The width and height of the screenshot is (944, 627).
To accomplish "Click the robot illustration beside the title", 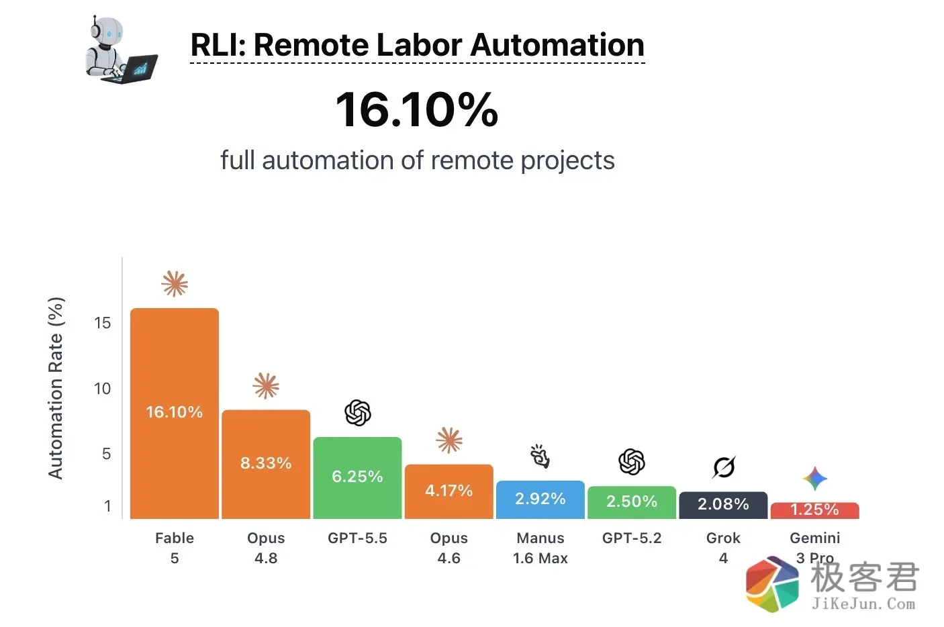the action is coord(122,49).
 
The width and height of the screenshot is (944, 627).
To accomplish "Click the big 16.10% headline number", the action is coord(417,110).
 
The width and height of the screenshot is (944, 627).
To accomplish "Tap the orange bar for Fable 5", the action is coord(175,414).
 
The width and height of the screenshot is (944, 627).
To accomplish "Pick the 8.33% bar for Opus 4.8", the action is coord(266,464).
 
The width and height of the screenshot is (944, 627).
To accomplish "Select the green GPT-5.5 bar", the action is coord(357,478).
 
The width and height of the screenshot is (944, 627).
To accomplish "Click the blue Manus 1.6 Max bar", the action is coord(540,499).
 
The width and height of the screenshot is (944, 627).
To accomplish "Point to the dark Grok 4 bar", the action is coord(723,505).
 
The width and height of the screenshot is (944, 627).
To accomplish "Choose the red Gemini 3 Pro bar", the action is coord(814,511).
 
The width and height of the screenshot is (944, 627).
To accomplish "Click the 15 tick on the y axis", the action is coord(103,323).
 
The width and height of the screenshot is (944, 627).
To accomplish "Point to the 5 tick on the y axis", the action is coord(106,454).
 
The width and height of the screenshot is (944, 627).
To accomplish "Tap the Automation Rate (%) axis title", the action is coord(56,388).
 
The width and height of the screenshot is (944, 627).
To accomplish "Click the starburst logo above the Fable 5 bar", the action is coord(175,283).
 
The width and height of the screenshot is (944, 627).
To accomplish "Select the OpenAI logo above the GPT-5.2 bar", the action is coord(632,462).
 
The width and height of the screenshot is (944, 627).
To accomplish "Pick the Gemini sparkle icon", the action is coord(814,479).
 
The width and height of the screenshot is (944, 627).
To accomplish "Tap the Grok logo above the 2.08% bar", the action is coord(724,467).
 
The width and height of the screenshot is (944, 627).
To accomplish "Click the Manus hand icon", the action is coord(540,456).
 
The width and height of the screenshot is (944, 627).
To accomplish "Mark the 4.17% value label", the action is coord(449,491).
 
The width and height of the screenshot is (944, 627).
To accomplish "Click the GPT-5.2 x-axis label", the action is coord(632,538).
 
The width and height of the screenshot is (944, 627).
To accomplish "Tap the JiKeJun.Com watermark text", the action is coord(863,604).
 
